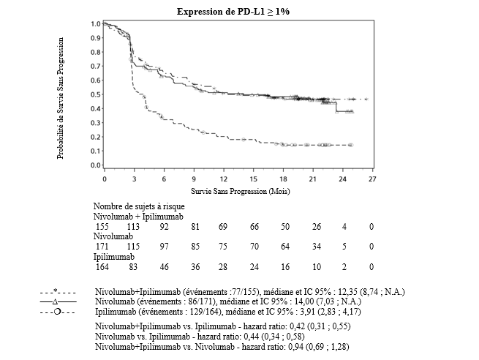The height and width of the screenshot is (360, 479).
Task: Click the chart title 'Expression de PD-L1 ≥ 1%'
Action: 239,12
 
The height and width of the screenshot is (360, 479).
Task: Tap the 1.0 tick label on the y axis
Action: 95,24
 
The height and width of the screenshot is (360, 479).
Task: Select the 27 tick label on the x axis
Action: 371,179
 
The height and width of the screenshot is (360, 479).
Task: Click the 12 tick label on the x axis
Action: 223,179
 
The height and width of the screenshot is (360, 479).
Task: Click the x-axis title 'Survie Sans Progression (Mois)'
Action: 238,191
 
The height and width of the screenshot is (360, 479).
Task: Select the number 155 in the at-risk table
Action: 104,227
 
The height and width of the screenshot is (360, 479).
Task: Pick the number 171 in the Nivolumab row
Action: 104,248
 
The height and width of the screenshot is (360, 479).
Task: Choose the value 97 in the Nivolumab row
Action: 164,248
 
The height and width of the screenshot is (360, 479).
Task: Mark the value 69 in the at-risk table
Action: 223,227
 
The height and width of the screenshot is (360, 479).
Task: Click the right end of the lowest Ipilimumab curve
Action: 352,146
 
